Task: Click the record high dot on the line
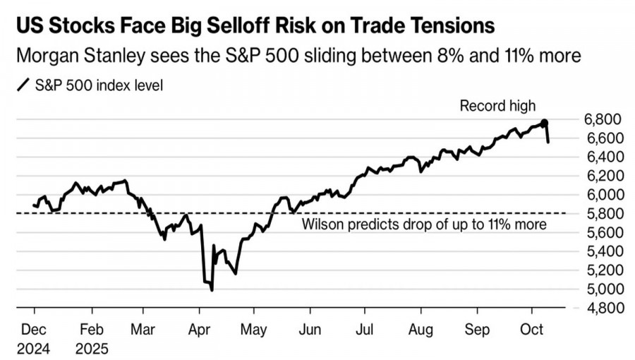coord(544,123)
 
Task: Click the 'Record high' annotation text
coord(498,106)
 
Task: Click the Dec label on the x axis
coord(35,329)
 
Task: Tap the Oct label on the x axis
coord(532,329)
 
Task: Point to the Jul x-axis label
coord(364,329)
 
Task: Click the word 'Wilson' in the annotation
coord(322,225)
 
